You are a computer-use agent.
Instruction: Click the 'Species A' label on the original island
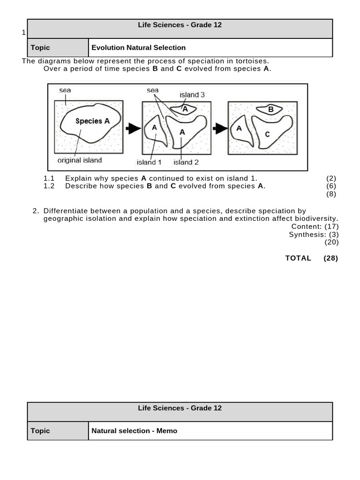pos(92,121)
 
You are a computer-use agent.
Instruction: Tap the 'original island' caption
pos(80,160)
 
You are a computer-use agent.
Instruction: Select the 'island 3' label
pos(192,95)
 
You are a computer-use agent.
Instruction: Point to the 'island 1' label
pos(149,163)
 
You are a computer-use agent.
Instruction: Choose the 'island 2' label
pos(186,163)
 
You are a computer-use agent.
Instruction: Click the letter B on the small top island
pos(270,110)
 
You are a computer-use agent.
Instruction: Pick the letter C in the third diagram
pos(267,134)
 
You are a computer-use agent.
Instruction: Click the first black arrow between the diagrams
pos(133,128)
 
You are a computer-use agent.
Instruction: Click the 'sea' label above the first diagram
pos(65,90)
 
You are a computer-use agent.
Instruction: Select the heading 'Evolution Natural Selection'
pos(138,47)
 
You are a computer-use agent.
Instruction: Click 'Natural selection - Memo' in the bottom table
pos(134,431)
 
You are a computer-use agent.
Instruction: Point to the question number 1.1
pos(49,179)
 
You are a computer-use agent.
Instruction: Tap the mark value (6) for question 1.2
pos(331,186)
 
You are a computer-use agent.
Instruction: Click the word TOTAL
pos(298,258)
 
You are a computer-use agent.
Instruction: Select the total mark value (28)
pos(330,258)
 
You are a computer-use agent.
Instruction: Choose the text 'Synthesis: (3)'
pos(314,234)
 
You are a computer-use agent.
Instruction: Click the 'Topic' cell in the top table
pos(40,47)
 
